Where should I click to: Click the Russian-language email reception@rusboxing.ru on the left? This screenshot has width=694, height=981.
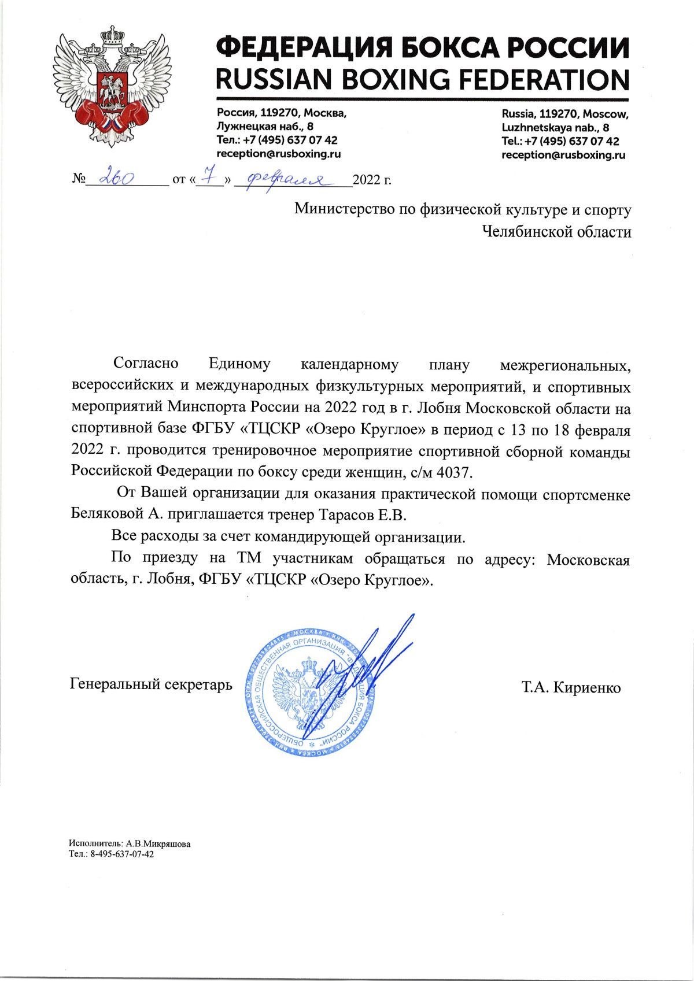(278, 154)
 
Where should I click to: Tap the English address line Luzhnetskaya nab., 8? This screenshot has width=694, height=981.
(555, 127)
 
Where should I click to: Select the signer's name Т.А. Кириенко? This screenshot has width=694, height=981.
(571, 687)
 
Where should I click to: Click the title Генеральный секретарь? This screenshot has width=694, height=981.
(151, 684)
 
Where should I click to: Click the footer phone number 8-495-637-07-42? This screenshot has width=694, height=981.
(122, 853)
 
